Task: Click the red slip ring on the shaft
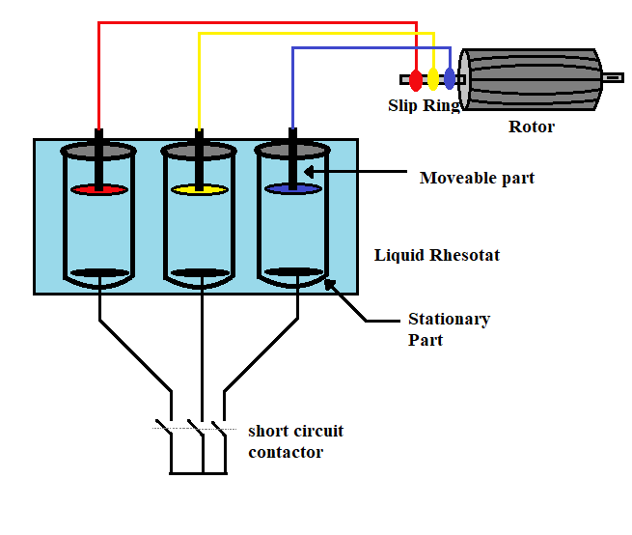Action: coord(416,79)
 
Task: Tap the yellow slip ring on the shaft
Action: coord(433,79)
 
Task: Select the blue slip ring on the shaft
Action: coord(450,79)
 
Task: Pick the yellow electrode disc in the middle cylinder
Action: coord(199,189)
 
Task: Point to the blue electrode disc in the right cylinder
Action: coord(292,189)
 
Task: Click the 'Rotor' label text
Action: coord(532,127)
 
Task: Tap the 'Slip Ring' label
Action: coord(424,105)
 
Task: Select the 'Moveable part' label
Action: coord(477,178)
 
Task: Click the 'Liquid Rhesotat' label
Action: coord(437,256)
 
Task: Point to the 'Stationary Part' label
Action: coord(449,328)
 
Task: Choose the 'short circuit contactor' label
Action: coord(295,441)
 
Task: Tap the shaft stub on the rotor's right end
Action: coord(613,77)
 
